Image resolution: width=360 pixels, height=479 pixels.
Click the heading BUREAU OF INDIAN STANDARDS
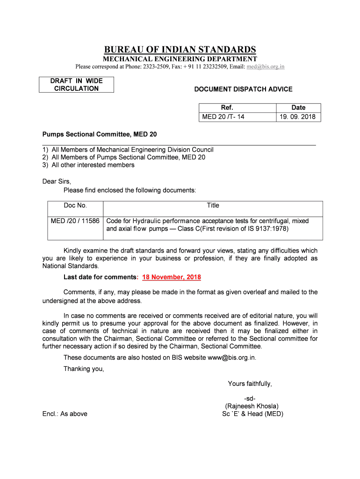pyautogui.click(x=180, y=50)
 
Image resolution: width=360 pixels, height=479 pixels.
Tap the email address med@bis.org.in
pyautogui.click(x=266, y=66)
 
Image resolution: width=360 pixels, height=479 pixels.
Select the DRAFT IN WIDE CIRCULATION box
pyautogui.click(x=76, y=85)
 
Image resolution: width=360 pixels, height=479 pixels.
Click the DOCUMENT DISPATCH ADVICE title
pyautogui.click(x=244, y=89)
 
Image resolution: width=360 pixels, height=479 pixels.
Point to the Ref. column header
pyautogui.click(x=227, y=108)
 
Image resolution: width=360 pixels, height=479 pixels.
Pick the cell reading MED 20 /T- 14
pyautogui.click(x=223, y=116)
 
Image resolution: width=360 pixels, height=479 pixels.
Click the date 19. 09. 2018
pyautogui.click(x=298, y=116)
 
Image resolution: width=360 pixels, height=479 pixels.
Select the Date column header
pyautogui.click(x=298, y=108)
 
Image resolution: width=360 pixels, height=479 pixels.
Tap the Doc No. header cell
pyautogui.click(x=75, y=205)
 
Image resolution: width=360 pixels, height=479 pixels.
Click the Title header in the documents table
pyautogui.click(x=213, y=205)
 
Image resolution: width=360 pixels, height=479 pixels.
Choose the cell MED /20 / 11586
pyautogui.click(x=75, y=221)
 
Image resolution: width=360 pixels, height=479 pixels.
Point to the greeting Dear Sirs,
pyautogui.click(x=57, y=181)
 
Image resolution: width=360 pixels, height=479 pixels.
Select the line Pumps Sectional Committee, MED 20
pyautogui.click(x=100, y=135)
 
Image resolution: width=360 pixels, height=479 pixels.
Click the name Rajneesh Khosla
pyautogui.click(x=252, y=406)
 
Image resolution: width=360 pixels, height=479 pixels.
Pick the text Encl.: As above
pyautogui.click(x=65, y=414)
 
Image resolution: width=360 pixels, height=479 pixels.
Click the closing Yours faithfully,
pyautogui.click(x=250, y=384)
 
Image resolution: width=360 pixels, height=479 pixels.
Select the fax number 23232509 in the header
pyautogui.click(x=213, y=66)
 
